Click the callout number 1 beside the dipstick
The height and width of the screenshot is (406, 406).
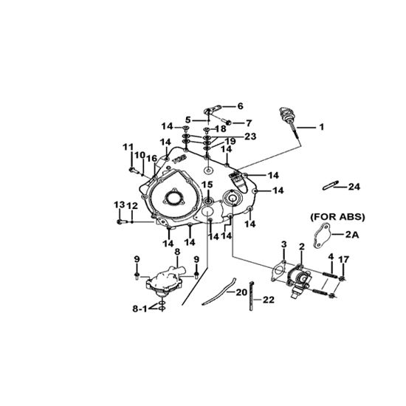pos(321,127)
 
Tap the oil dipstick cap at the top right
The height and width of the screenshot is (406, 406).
pos(284,113)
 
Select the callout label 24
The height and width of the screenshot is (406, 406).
pos(354,187)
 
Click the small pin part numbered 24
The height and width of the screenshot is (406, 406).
pos(331,185)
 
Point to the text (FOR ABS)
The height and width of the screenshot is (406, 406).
pos(337,217)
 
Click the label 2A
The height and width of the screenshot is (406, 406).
pos(352,235)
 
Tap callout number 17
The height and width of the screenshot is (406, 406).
pos(343,259)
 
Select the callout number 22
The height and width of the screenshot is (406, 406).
pos(269,300)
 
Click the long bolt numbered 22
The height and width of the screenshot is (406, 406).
pos(252,296)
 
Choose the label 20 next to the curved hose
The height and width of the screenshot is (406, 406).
pos(241,292)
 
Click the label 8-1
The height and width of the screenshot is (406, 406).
pos(140,309)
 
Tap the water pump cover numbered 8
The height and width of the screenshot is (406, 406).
pos(166,281)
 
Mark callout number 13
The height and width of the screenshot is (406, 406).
pos(120,205)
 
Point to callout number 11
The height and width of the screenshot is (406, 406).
pos(128,147)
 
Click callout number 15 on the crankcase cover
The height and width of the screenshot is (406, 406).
pos(207,185)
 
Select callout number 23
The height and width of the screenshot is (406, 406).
pos(250,137)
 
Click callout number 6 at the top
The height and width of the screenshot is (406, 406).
pos(241,106)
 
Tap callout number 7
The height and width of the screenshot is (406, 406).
pos(249,123)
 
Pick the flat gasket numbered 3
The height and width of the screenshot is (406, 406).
pos(278,272)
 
